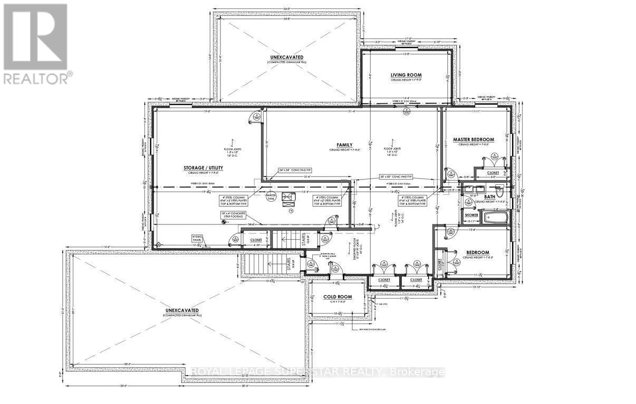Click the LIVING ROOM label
click(x=406, y=75)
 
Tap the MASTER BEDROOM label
click(x=476, y=140)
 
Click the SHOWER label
click(x=471, y=215)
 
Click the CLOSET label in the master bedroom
click(x=493, y=172)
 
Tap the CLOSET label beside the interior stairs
click(x=248, y=240)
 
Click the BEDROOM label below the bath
click(x=476, y=252)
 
